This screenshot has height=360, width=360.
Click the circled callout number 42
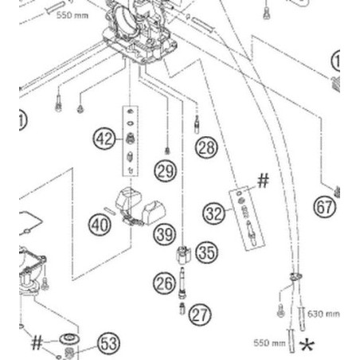(104, 139)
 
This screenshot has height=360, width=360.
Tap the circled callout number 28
(206, 147)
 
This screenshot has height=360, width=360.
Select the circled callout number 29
(166, 170)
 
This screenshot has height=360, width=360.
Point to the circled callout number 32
(213, 213)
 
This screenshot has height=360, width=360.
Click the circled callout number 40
(100, 225)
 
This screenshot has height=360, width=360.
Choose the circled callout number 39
(165, 234)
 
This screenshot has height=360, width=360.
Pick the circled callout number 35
(206, 252)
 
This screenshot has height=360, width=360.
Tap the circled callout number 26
(164, 283)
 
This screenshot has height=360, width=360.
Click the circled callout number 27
(200, 315)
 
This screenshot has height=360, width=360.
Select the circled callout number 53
(108, 343)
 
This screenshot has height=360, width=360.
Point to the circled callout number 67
(325, 207)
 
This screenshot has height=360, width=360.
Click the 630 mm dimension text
(323, 314)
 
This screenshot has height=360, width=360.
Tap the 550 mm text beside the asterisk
(269, 342)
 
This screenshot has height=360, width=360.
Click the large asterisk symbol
(307, 345)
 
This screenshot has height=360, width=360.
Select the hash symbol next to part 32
(263, 181)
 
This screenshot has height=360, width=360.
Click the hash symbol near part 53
(37, 342)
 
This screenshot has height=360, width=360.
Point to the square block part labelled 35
(183, 255)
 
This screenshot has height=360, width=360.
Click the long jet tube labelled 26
(182, 283)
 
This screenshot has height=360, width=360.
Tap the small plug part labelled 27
(182, 308)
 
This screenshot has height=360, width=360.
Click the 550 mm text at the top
(72, 15)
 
